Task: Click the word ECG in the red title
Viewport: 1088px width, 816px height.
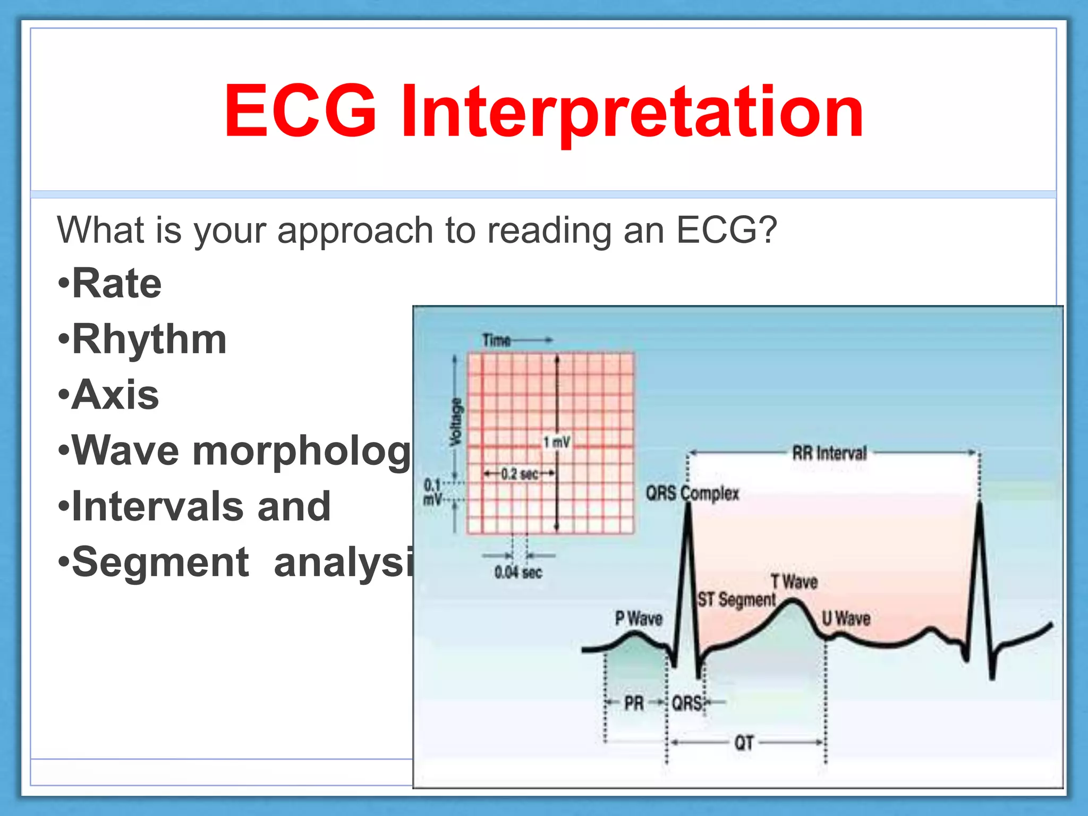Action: [300, 112]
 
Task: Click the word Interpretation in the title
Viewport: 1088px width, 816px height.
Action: [632, 113]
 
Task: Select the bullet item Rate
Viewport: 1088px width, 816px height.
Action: [116, 284]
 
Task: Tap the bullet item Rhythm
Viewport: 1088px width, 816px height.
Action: [149, 339]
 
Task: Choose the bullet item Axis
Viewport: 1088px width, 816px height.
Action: [115, 395]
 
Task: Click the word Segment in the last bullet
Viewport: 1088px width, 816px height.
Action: [160, 563]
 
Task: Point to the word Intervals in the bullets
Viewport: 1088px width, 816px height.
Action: [157, 506]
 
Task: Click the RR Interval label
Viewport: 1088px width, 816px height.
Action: [829, 453]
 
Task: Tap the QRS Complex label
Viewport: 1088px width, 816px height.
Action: [692, 494]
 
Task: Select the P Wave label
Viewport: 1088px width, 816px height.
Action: [639, 618]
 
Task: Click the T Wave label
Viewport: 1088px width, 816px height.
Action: [794, 582]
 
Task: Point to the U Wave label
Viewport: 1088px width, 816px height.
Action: [846, 618]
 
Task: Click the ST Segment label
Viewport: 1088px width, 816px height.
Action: [736, 600]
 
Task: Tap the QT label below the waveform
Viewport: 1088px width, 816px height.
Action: [744, 743]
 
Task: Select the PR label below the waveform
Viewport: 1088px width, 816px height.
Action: [634, 703]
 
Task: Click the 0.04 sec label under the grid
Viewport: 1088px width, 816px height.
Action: [518, 573]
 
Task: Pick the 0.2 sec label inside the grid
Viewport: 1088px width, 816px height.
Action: [520, 473]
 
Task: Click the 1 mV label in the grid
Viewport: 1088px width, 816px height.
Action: [556, 442]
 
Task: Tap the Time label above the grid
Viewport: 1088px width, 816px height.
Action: [496, 340]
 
